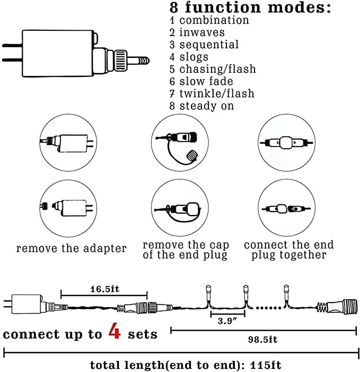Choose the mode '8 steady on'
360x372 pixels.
pos(201,106)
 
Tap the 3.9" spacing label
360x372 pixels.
pos(225,322)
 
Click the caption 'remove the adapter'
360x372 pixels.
pos(71,248)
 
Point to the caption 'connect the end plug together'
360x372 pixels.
pos(289,249)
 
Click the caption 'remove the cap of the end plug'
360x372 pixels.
pos(185,250)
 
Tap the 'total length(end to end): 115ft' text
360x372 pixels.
pos(185,365)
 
